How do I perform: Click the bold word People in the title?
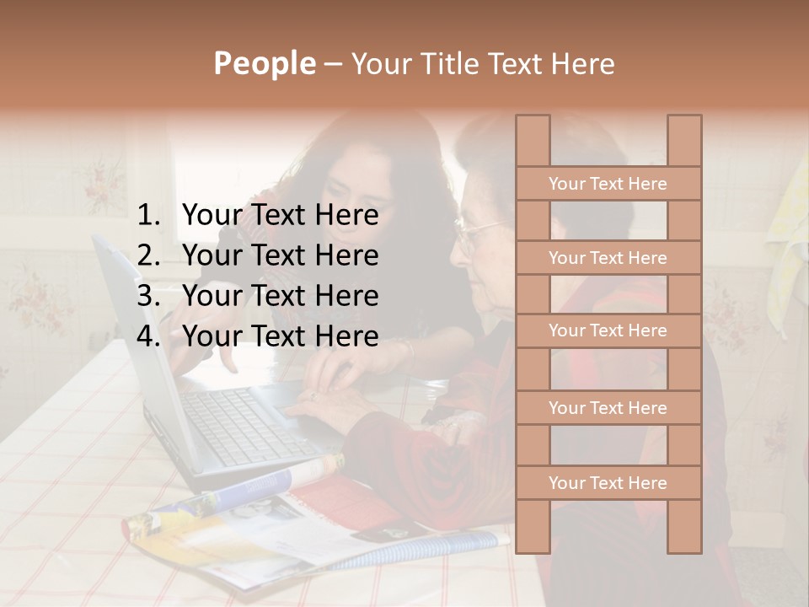265,63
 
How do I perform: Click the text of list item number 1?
280,216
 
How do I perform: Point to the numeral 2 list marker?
147,255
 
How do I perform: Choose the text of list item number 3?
280,296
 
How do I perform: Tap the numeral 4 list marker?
147,336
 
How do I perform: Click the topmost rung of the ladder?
608,184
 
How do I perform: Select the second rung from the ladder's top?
608,258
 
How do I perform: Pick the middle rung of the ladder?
608,330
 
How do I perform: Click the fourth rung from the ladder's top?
608,408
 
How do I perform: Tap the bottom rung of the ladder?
608,483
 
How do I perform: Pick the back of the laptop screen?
135,337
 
